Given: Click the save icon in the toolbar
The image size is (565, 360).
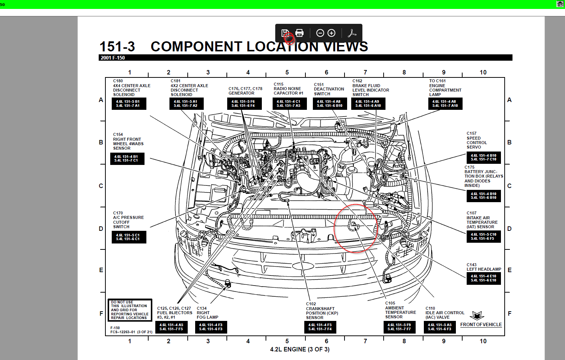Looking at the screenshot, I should click(285, 33).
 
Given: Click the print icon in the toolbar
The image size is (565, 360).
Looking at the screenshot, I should click(299, 33).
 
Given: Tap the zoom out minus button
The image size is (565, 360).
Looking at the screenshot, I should click(320, 33).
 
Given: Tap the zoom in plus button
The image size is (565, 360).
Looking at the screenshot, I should click(331, 33).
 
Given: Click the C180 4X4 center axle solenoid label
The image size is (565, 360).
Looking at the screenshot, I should click(131, 88).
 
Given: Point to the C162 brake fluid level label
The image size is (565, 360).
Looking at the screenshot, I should click(371, 88).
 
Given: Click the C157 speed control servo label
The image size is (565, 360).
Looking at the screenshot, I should click(477, 140).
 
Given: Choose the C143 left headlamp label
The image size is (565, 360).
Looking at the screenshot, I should click(484, 267).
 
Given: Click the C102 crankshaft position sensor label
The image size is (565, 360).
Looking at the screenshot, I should click(322, 311).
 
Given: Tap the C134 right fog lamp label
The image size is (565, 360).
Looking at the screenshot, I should click(207, 313).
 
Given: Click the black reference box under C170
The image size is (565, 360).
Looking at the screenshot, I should click(128, 237).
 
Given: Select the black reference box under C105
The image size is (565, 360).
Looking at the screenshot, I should click(399, 327).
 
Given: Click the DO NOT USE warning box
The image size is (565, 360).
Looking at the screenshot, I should click(130, 310).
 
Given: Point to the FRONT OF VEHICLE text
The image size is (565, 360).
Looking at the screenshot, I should click(481, 325).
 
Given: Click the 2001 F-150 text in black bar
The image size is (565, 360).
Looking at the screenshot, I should click(113, 58).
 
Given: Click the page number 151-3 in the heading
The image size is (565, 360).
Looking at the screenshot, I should click(117, 47).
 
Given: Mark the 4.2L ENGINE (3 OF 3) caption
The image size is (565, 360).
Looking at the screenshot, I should click(300, 349).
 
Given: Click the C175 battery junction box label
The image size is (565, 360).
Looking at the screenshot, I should click(483, 176).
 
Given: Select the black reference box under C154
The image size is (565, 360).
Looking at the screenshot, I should click(127, 159).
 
